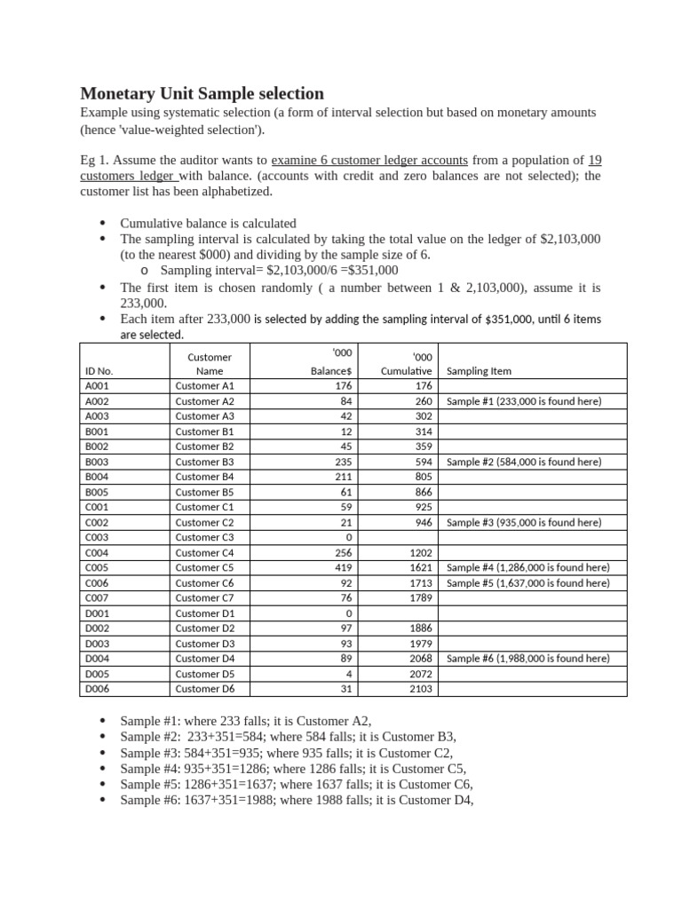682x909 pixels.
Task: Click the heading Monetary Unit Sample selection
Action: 202,93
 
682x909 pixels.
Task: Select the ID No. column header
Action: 99,371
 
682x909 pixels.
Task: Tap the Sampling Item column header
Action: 479,371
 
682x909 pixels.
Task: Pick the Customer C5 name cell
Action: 205,567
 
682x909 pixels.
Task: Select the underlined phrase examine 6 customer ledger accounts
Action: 369,161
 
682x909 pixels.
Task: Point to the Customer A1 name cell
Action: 205,386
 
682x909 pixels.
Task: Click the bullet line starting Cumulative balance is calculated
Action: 208,224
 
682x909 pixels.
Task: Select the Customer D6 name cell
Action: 205,689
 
